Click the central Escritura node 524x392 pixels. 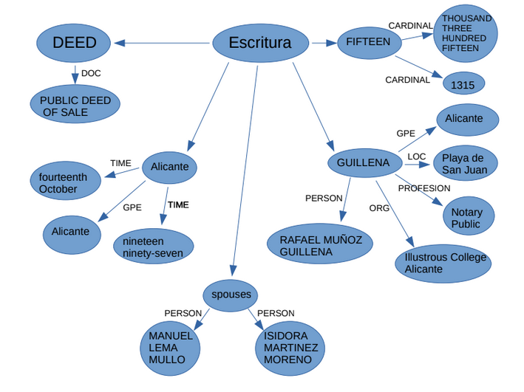[260, 43]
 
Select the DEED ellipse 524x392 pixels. [75, 43]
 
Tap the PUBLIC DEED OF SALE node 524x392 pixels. [75, 106]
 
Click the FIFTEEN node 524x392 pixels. [368, 42]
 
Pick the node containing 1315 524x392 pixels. [463, 84]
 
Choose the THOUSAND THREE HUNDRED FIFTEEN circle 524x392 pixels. [466, 33]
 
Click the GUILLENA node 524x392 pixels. [363, 162]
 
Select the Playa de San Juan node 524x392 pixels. [465, 164]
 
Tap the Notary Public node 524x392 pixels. [466, 218]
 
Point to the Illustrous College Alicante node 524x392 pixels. [444, 263]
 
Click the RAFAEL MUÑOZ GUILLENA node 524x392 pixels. [321, 245]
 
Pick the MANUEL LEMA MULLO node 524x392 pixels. [171, 347]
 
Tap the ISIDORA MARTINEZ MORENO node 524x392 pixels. [290, 347]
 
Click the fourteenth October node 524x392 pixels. [65, 182]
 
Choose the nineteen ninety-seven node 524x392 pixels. [153, 247]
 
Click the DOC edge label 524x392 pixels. [91, 73]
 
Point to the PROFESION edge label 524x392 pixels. [424, 188]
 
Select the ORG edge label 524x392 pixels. [379, 208]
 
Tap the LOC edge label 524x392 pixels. [417, 157]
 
